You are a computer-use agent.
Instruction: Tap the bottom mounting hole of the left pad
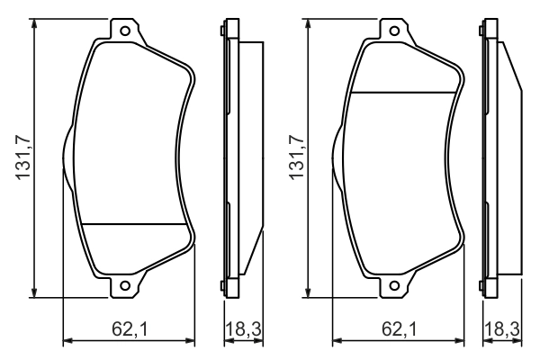(x=126, y=287)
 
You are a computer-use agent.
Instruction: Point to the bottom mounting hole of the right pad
(x=395, y=287)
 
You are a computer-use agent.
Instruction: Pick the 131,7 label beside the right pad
(x=294, y=158)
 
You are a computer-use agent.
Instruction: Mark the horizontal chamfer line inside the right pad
(x=405, y=94)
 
